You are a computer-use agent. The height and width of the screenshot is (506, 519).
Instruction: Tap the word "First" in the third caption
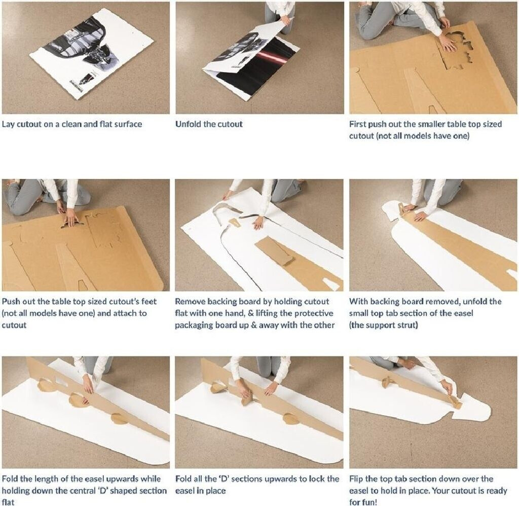point(357,124)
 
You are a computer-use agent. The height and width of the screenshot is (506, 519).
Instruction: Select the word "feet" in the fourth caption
point(149,301)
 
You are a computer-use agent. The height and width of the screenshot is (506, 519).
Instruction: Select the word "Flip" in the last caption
point(356,479)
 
